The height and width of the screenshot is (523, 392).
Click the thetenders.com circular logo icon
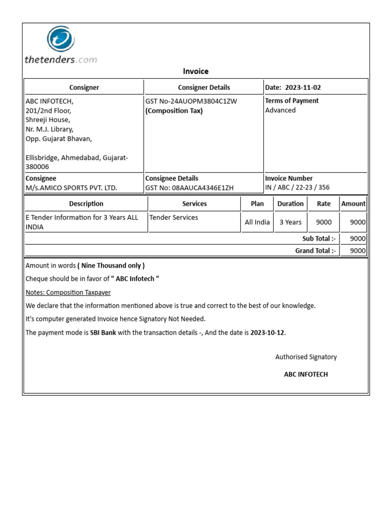pyautogui.click(x=61, y=40)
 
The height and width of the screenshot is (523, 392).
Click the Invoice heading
pyautogui.click(x=195, y=72)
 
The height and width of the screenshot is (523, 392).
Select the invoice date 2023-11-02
pyautogui.click(x=303, y=87)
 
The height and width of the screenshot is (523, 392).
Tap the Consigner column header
pyautogui.click(x=84, y=87)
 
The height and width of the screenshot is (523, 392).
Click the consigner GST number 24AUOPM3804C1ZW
pyautogui.click(x=191, y=101)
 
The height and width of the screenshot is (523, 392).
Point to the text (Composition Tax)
pyautogui.click(x=174, y=111)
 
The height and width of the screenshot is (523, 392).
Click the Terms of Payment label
pyautogui.click(x=291, y=101)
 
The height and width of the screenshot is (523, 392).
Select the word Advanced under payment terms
pyautogui.click(x=280, y=110)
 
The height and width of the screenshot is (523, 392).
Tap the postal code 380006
pyautogui.click(x=37, y=167)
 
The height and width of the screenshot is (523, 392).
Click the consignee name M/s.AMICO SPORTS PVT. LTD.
pyautogui.click(x=71, y=187)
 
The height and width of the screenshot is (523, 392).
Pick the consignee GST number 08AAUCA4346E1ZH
pyautogui.click(x=189, y=187)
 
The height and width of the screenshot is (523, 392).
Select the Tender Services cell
pyautogui.click(x=174, y=218)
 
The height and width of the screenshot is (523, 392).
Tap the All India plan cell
pyautogui.click(x=257, y=222)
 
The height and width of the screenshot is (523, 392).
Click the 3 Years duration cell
pyautogui.click(x=290, y=222)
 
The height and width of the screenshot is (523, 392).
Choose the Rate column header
pyautogui.click(x=324, y=204)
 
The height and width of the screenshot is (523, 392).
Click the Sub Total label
pyautogui.click(x=319, y=239)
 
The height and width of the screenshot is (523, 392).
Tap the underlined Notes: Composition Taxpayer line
pyautogui.click(x=68, y=293)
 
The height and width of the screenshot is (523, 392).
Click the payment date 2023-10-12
pyautogui.click(x=267, y=332)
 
